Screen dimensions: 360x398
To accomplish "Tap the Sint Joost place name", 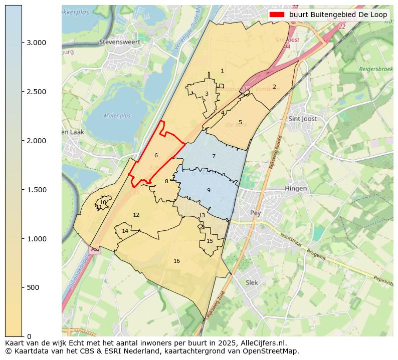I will pyautogui.click(x=303, y=119).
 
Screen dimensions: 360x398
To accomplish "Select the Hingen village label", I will pyautogui.click(x=295, y=188).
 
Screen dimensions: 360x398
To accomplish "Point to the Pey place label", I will pyautogui.click(x=256, y=213).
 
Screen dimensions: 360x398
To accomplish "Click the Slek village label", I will pyautogui.click(x=252, y=282).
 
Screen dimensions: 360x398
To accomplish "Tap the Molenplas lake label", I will pyautogui.click(x=117, y=116).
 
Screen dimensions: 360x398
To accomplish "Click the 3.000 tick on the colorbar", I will pyautogui.click(x=36, y=43).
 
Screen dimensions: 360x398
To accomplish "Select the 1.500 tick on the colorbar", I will pyautogui.click(x=36, y=190).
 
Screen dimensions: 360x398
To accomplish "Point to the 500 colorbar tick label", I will pyautogui.click(x=33, y=287).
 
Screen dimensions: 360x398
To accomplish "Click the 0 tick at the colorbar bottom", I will pyautogui.click(x=29, y=336).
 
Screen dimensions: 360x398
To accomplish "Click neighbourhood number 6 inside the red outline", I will pyautogui.click(x=156, y=156).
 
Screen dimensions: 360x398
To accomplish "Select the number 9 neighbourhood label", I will pyautogui.click(x=209, y=190).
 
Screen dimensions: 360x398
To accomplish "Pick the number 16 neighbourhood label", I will pyautogui.click(x=176, y=261).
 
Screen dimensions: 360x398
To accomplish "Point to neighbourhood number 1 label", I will pyautogui.click(x=222, y=71).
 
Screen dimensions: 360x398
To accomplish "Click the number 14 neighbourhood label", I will pyautogui.click(x=125, y=231).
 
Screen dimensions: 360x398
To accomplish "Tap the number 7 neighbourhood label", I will pyautogui.click(x=214, y=157).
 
